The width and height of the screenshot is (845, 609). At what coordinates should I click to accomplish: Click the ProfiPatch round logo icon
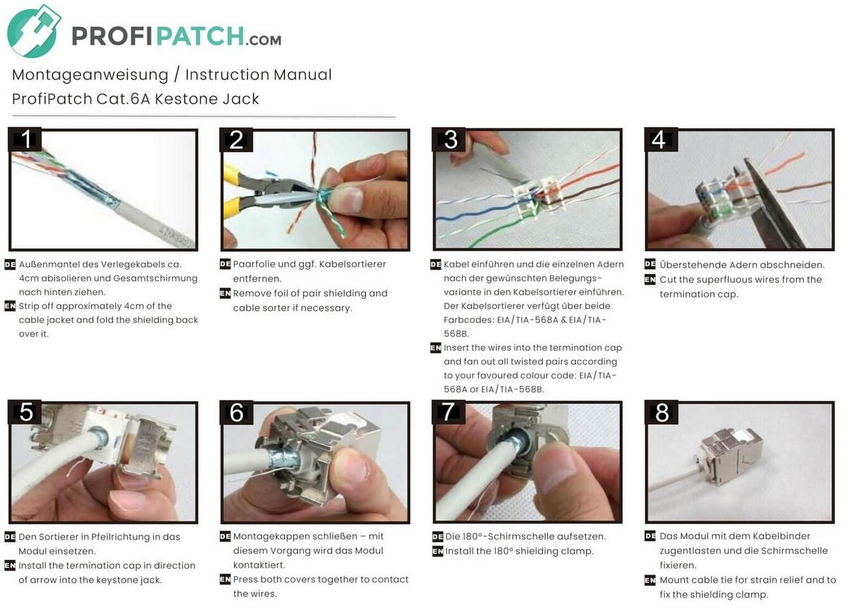pos(33,31)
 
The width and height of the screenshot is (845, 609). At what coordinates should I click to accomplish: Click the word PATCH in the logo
pos(200,36)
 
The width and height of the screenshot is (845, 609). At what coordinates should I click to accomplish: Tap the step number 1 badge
pos(25,139)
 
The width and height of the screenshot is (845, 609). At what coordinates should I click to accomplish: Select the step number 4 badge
pos(661,140)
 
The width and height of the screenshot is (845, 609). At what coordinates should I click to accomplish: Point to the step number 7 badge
pos(448,411)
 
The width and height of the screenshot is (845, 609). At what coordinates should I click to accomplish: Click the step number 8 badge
pos(661,412)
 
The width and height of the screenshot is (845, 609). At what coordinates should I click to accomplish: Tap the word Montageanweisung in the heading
pos(90,75)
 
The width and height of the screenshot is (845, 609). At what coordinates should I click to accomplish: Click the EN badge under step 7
pos(438,552)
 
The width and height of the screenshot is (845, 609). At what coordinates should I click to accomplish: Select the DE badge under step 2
pos(225,264)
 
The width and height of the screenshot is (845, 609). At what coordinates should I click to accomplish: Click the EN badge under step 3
pos(435,348)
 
